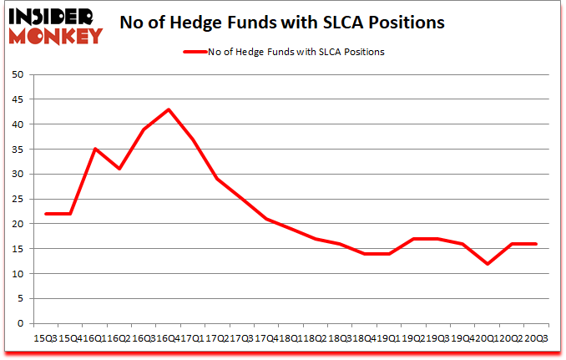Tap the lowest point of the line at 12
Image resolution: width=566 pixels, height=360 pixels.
pyautogui.click(x=488, y=264)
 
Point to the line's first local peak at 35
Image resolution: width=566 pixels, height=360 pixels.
pyautogui.click(x=94, y=150)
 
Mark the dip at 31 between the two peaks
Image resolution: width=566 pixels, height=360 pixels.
pyautogui.click(x=119, y=169)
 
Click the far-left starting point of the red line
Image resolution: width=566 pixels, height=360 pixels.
pyautogui.click(x=46, y=214)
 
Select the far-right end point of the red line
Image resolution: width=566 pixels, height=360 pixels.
pyautogui.click(x=537, y=244)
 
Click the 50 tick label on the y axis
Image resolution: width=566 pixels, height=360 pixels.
pyautogui.click(x=18, y=74)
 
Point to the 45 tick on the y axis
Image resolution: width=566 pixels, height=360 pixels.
pyautogui.click(x=18, y=99)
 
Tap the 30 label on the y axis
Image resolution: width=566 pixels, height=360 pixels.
pyautogui.click(x=18, y=175)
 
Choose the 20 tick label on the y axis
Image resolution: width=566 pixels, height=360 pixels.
pyautogui.click(x=18, y=224)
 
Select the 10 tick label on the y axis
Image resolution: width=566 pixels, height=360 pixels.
pyautogui.click(x=18, y=274)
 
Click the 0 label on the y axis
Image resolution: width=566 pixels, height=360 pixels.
pyautogui.click(x=21, y=324)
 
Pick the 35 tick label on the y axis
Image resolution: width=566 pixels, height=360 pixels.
pyautogui.click(x=18, y=150)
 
